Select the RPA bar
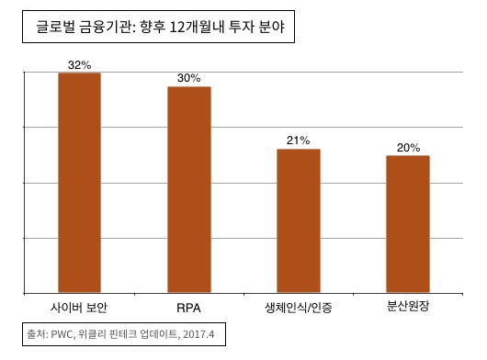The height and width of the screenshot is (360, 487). (189, 190)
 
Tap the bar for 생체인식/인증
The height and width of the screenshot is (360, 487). (299, 221)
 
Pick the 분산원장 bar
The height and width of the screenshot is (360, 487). (408, 225)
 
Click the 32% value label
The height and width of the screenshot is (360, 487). (80, 65)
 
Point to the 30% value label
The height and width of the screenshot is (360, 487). (189, 79)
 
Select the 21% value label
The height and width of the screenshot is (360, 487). (299, 141)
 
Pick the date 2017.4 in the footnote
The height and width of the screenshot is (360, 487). (198, 332)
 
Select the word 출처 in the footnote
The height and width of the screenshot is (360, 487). (38, 332)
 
